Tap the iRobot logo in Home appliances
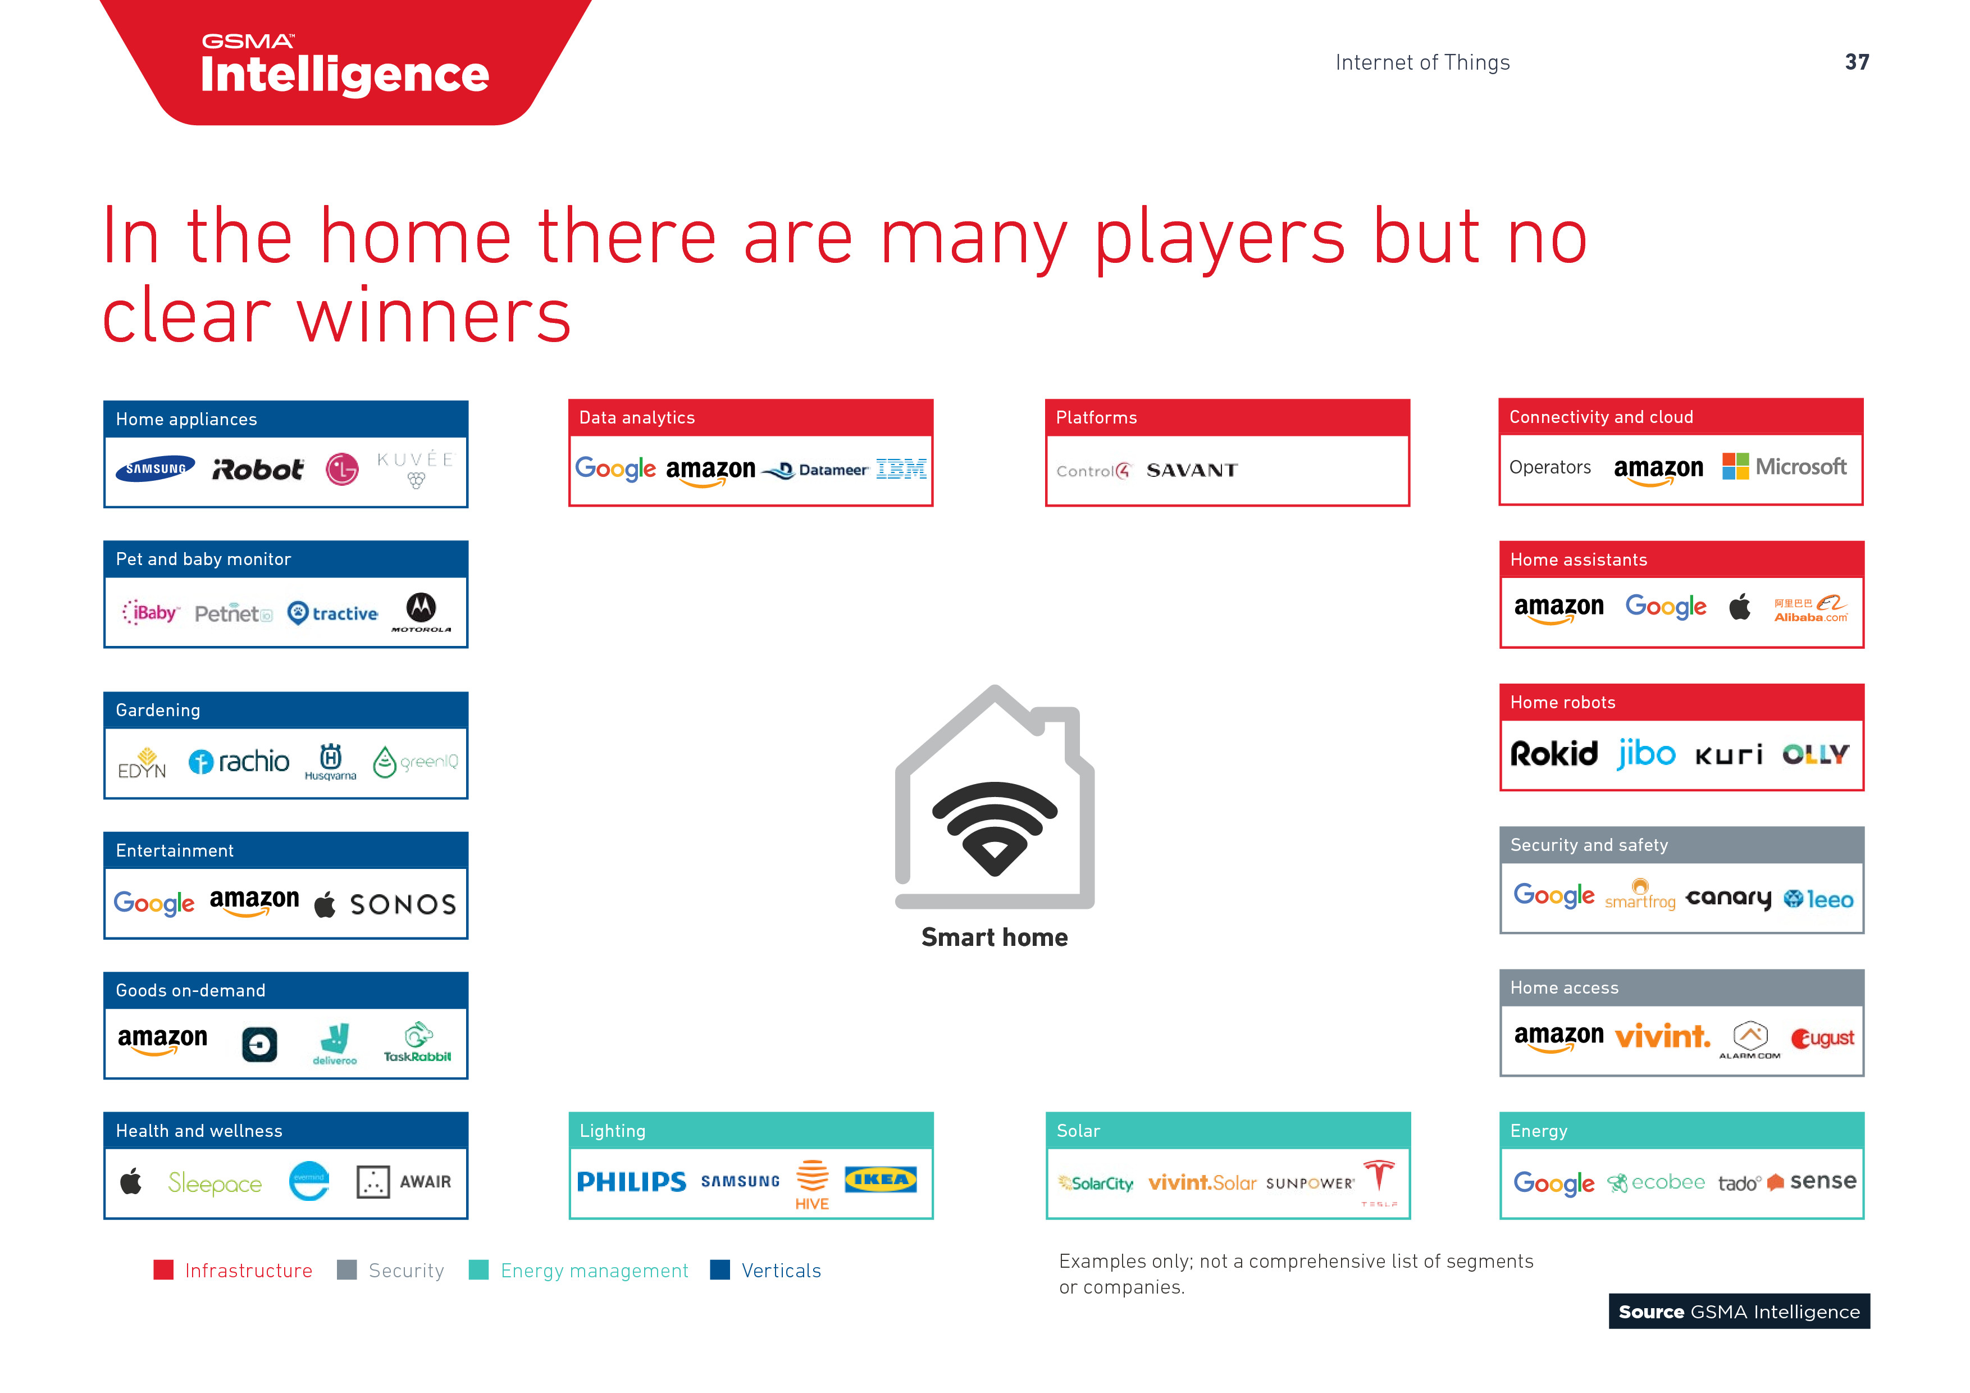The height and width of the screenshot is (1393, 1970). (x=257, y=470)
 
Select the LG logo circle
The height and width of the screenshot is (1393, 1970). (x=343, y=470)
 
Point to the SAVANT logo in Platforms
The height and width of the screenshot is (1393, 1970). (x=1192, y=470)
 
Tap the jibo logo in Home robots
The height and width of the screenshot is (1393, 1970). (x=1645, y=754)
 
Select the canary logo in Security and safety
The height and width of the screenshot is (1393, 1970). (x=1728, y=898)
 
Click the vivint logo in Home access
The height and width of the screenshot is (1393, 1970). (x=1662, y=1037)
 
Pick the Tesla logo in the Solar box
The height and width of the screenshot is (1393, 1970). (x=1379, y=1180)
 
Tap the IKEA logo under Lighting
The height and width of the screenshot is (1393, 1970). (x=881, y=1180)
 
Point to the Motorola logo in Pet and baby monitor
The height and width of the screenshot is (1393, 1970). (x=421, y=611)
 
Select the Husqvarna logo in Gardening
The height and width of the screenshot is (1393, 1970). (x=330, y=761)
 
